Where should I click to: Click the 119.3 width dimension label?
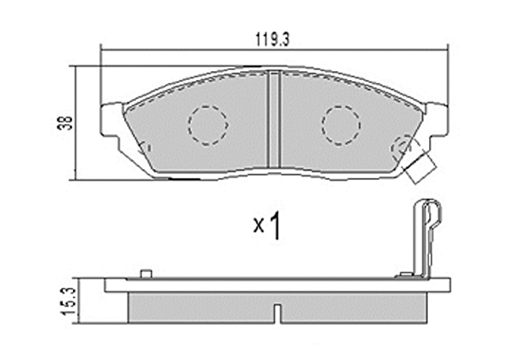click(272, 40)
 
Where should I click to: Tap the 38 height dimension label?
click(67, 122)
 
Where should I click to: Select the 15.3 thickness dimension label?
click(70, 301)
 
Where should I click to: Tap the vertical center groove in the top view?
click(274, 120)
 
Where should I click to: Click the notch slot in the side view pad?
click(278, 314)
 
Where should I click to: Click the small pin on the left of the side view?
click(146, 274)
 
